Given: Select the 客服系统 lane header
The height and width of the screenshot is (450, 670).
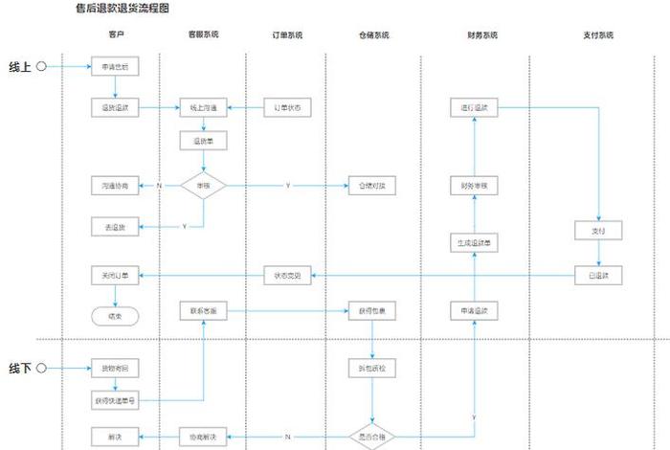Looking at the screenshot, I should click(203, 35).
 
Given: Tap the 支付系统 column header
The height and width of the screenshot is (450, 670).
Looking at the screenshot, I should click(598, 35).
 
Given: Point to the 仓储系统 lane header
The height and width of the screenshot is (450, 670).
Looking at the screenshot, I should click(371, 35).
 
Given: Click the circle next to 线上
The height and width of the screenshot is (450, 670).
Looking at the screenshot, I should click(41, 67).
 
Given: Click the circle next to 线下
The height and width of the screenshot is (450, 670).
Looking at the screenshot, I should click(41, 368).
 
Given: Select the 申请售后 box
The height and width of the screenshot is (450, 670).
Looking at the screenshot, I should click(116, 67).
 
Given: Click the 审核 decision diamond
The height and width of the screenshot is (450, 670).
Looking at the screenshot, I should click(203, 184).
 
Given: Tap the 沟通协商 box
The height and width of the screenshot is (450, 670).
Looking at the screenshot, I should click(116, 184).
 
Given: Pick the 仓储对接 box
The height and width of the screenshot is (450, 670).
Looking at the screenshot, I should click(371, 184).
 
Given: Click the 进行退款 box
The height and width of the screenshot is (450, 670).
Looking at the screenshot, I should click(475, 108).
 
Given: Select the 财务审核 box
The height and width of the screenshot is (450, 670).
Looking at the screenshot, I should click(475, 184).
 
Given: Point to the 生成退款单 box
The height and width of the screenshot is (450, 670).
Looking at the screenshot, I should click(475, 243).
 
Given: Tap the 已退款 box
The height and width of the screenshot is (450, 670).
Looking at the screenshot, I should click(598, 275).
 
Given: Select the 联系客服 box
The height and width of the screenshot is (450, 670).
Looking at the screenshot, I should click(203, 311).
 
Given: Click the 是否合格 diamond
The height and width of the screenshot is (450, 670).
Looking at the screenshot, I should click(371, 437).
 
